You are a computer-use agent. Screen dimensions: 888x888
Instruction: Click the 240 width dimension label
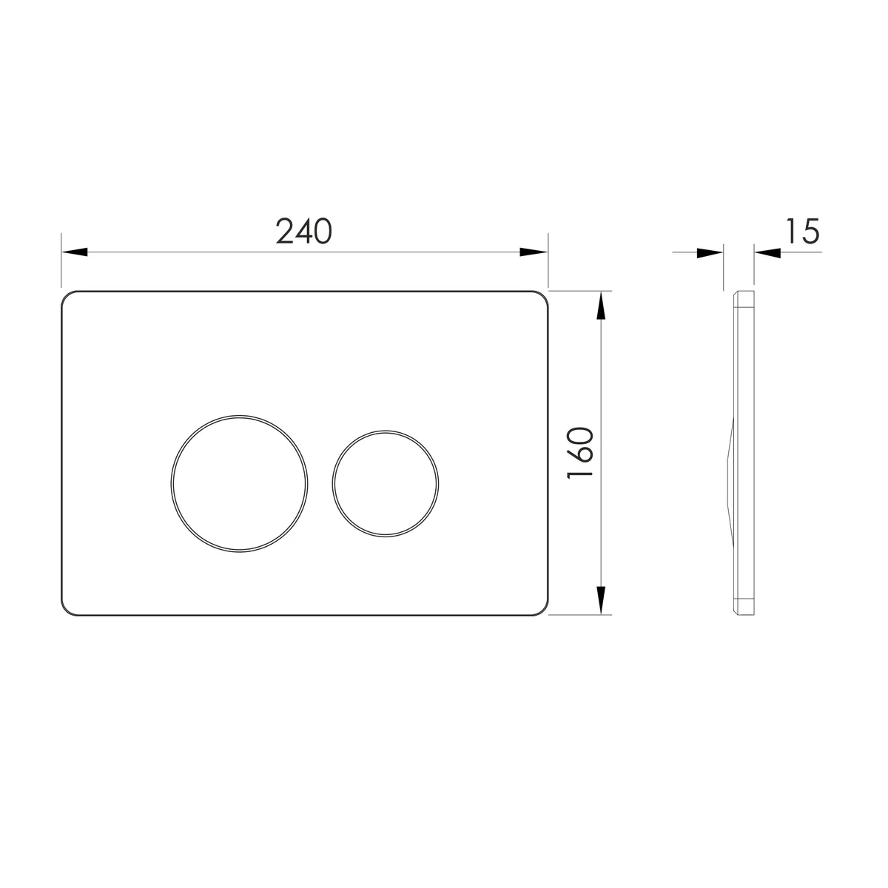pyautogui.click(x=303, y=231)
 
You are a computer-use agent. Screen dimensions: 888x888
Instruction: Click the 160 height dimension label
pyautogui.click(x=580, y=453)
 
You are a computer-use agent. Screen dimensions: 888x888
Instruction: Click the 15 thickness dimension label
pyautogui.click(x=803, y=231)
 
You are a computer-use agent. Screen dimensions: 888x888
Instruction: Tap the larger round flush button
pyautogui.click(x=239, y=483)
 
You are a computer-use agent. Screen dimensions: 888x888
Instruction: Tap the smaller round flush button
pyautogui.click(x=386, y=484)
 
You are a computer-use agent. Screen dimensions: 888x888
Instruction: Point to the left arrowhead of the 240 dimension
pyautogui.click(x=74, y=252)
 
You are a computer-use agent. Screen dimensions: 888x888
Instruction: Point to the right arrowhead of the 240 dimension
pyautogui.click(x=534, y=252)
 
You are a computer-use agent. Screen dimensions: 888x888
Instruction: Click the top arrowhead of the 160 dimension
pyautogui.click(x=600, y=306)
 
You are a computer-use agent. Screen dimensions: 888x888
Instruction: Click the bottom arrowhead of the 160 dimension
pyautogui.click(x=600, y=600)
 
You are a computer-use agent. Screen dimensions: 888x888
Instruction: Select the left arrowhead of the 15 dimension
pyautogui.click(x=710, y=253)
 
